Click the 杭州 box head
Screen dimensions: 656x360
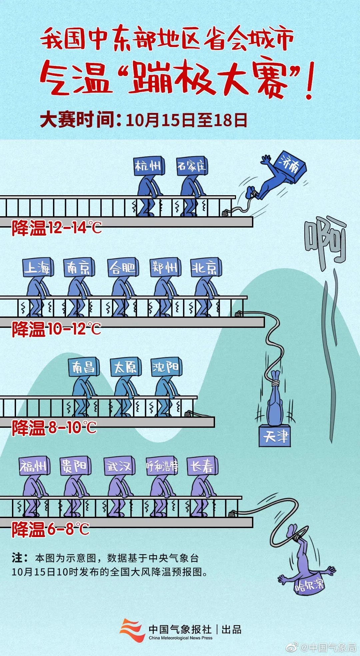click(x=149, y=166)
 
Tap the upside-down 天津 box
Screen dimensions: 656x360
click(x=275, y=436)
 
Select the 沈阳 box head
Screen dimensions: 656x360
click(x=166, y=367)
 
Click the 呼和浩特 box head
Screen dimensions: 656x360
click(x=162, y=466)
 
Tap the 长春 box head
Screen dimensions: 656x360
click(x=202, y=466)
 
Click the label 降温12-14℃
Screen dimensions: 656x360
click(x=57, y=229)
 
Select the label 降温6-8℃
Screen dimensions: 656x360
click(x=51, y=529)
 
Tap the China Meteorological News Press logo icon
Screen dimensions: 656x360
click(x=132, y=630)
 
